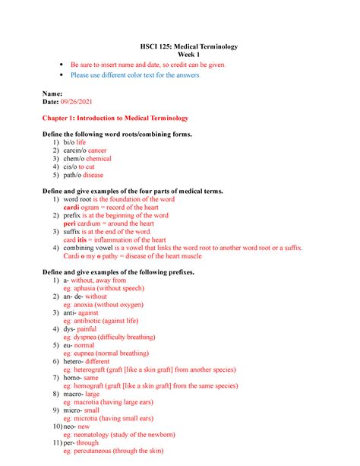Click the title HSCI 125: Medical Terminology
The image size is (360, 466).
pyautogui.click(x=180, y=46)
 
